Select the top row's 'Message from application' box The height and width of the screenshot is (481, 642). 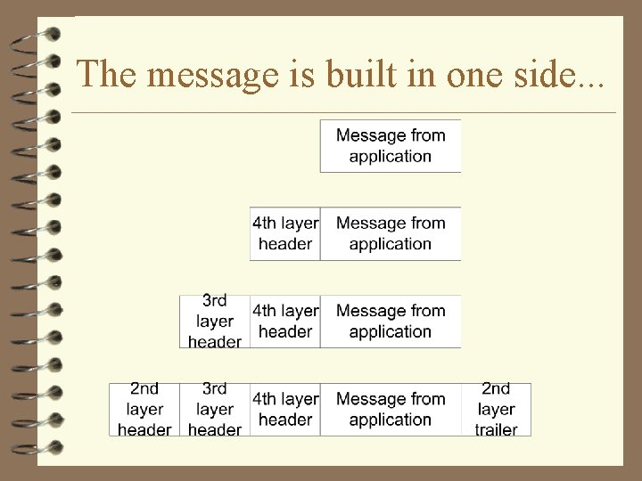point(391,145)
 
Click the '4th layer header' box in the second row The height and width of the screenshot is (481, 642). point(285,233)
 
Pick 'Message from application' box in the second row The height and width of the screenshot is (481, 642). point(391,233)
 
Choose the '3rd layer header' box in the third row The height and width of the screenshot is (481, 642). point(215,322)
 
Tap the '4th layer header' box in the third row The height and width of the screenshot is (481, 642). point(285,322)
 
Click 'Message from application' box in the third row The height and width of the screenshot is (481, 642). point(391,322)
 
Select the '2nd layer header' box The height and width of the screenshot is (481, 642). point(144,410)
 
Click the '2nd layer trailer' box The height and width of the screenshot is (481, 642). point(496,410)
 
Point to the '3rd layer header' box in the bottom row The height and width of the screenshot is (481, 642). point(215,410)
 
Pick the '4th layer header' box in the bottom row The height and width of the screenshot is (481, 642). point(285,410)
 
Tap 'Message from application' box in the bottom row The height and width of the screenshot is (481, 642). point(391,410)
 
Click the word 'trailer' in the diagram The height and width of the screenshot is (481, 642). point(496,429)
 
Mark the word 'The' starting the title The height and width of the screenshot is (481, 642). point(103,75)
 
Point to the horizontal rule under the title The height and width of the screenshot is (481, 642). point(343,113)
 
